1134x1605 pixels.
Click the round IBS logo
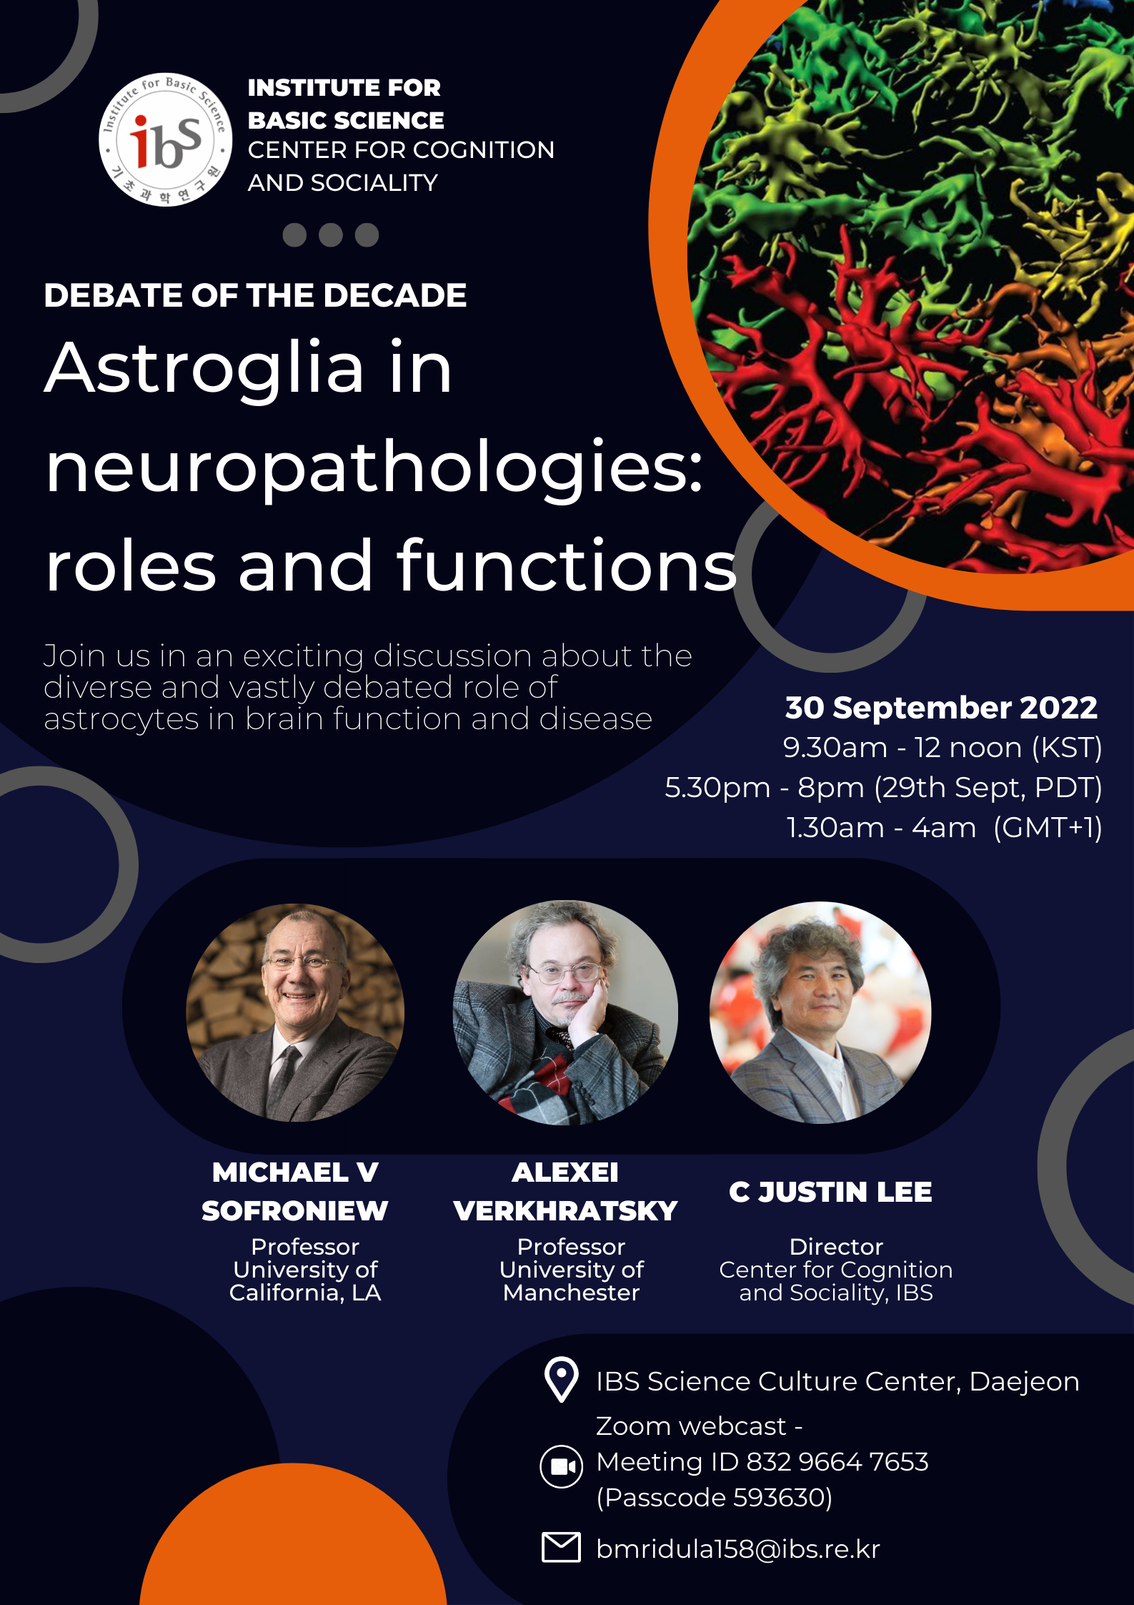coord(165,139)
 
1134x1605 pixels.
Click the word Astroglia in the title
coord(204,367)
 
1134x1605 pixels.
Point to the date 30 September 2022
coord(940,707)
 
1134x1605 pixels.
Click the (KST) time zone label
coord(1067,747)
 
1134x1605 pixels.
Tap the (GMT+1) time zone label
coord(1048,827)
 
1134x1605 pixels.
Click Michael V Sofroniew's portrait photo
coord(295,1012)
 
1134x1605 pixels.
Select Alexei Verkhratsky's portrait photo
coord(565,1012)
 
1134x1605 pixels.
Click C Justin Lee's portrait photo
coord(820,1012)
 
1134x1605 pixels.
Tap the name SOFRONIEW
coord(294,1210)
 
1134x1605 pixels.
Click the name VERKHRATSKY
coord(565,1210)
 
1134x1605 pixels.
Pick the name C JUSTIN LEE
coord(830,1192)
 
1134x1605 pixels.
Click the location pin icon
coord(562,1379)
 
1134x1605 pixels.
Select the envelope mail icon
coord(562,1547)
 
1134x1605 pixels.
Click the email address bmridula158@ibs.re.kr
coord(738,1549)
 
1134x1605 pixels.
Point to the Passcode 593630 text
coord(715,1497)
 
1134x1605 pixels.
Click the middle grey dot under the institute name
coord(331,235)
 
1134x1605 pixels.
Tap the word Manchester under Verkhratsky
coord(571,1293)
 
